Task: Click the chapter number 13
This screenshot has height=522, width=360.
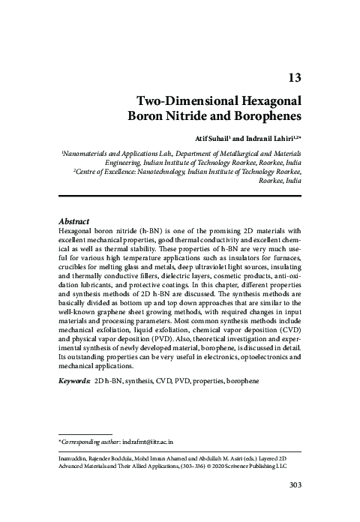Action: click(293, 76)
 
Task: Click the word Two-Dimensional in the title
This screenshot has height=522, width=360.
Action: click(178, 100)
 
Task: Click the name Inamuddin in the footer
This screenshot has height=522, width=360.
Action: click(77, 456)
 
